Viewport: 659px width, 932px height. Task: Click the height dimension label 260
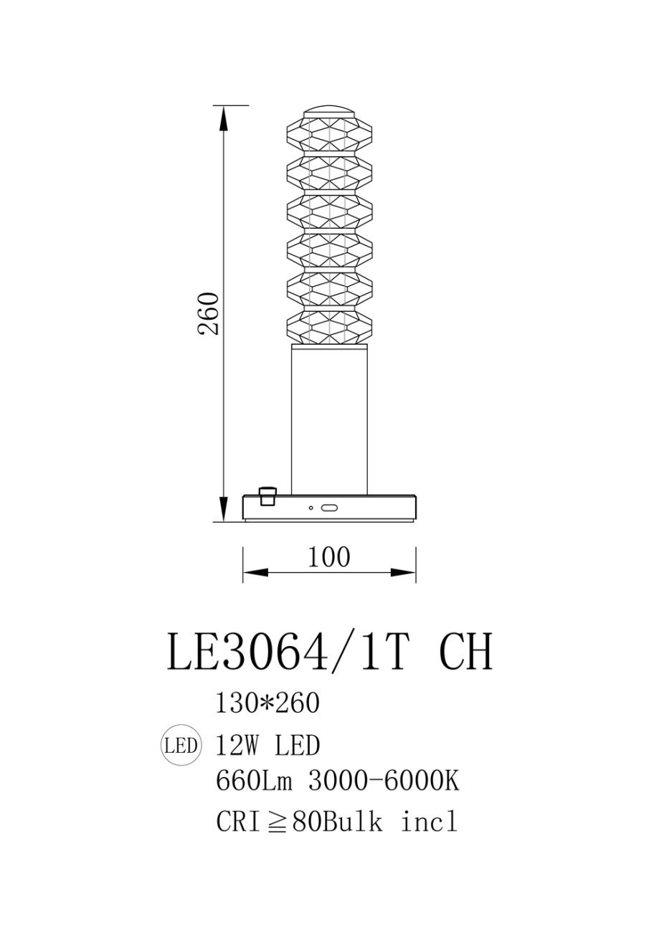pyautogui.click(x=208, y=314)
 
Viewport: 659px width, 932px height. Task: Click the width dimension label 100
pyautogui.click(x=328, y=557)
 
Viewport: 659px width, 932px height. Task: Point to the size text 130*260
pyautogui.click(x=267, y=703)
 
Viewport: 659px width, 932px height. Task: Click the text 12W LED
pyautogui.click(x=267, y=746)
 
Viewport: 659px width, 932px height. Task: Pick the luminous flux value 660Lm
pyautogui.click(x=254, y=781)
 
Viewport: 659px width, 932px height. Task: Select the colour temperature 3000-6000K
pyautogui.click(x=384, y=781)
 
